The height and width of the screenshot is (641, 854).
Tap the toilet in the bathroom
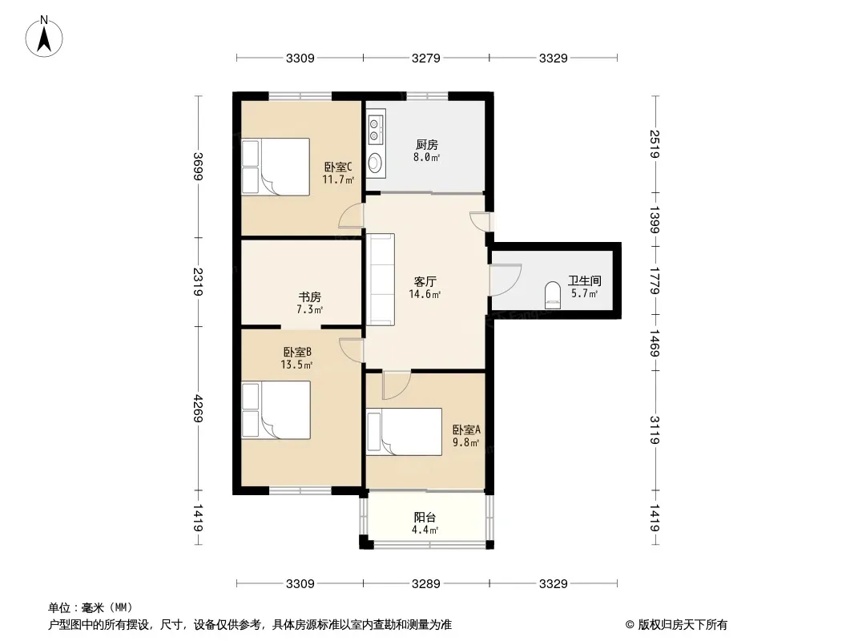click(552, 295)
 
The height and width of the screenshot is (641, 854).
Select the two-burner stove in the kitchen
click(375, 129)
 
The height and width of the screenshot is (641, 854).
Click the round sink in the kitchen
click(375, 163)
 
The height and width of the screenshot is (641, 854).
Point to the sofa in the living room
click(381, 280)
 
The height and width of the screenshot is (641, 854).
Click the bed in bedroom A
click(404, 432)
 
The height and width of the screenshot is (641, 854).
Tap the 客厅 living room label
click(425, 281)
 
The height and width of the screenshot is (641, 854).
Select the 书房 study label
click(309, 297)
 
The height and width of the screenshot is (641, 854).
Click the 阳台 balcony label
click(425, 518)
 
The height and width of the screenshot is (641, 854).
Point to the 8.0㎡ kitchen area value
click(426, 157)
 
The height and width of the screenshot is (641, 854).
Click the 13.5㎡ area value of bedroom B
click(296, 365)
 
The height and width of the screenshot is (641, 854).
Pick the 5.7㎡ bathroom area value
click(584, 293)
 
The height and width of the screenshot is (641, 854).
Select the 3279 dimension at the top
click(426, 58)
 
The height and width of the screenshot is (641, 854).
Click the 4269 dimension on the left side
click(198, 409)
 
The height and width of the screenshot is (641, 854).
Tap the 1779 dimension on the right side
click(655, 280)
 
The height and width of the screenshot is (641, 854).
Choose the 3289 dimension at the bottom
click(426, 584)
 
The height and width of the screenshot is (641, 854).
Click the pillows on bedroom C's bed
click(250, 167)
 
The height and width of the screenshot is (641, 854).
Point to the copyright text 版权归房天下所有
click(683, 625)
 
